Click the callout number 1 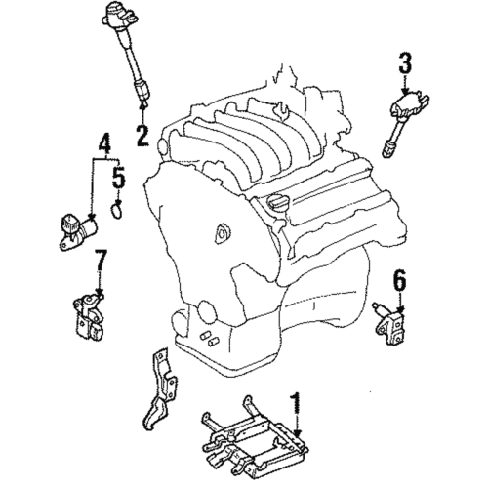(x=294, y=401)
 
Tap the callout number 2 (x=142, y=133)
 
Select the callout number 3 (x=405, y=66)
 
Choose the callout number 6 (x=398, y=281)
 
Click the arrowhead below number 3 (x=405, y=90)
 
